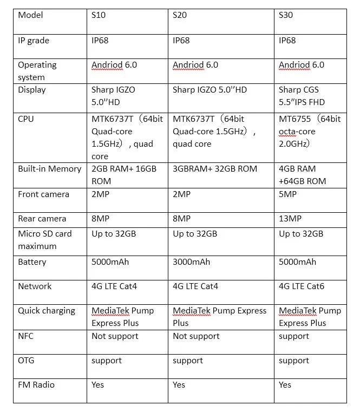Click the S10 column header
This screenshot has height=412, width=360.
(99, 15)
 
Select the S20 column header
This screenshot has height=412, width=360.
(180, 15)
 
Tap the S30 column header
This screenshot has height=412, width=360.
(286, 15)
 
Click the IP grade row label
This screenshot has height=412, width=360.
(34, 40)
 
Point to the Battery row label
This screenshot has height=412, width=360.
(32, 262)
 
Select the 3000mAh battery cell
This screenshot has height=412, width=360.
(192, 262)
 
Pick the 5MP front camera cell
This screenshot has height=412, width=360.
(288, 194)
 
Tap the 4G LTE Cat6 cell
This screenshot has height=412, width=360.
(302, 286)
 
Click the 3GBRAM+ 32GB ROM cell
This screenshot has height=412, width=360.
(215, 169)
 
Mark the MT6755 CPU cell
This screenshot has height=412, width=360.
(310, 131)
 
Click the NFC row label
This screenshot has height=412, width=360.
(26, 336)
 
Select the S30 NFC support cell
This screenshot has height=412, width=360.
(293, 336)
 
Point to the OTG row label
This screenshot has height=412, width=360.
(27, 361)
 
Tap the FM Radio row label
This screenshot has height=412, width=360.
(36, 385)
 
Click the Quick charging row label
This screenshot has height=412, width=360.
(47, 311)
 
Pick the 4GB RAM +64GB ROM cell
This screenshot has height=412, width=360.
(303, 175)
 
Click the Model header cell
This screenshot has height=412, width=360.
(30, 15)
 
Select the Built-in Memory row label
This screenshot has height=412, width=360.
(50, 169)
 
